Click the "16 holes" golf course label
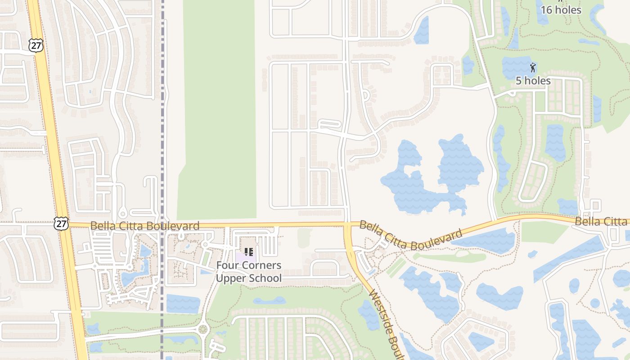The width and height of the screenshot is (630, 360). coord(561,10)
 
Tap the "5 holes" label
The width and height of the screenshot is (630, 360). coord(533,81)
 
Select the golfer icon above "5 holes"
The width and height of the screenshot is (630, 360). coord(533,68)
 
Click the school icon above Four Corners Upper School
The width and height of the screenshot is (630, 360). coord(249,252)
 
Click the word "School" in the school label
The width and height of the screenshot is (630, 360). coord(266,278)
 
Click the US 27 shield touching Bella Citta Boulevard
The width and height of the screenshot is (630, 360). coord(61,224)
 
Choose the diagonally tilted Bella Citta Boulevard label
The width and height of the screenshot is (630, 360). coord(410,236)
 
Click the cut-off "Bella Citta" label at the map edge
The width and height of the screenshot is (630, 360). coord(602,221)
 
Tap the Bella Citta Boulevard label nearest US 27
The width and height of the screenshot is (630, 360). coord(144,226)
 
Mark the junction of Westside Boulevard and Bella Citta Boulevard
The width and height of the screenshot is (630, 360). coord(347,224)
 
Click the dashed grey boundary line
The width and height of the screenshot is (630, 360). coord(162,135)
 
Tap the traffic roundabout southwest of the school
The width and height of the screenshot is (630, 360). coord(202,330)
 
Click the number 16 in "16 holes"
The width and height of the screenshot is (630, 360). coord(546,10)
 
